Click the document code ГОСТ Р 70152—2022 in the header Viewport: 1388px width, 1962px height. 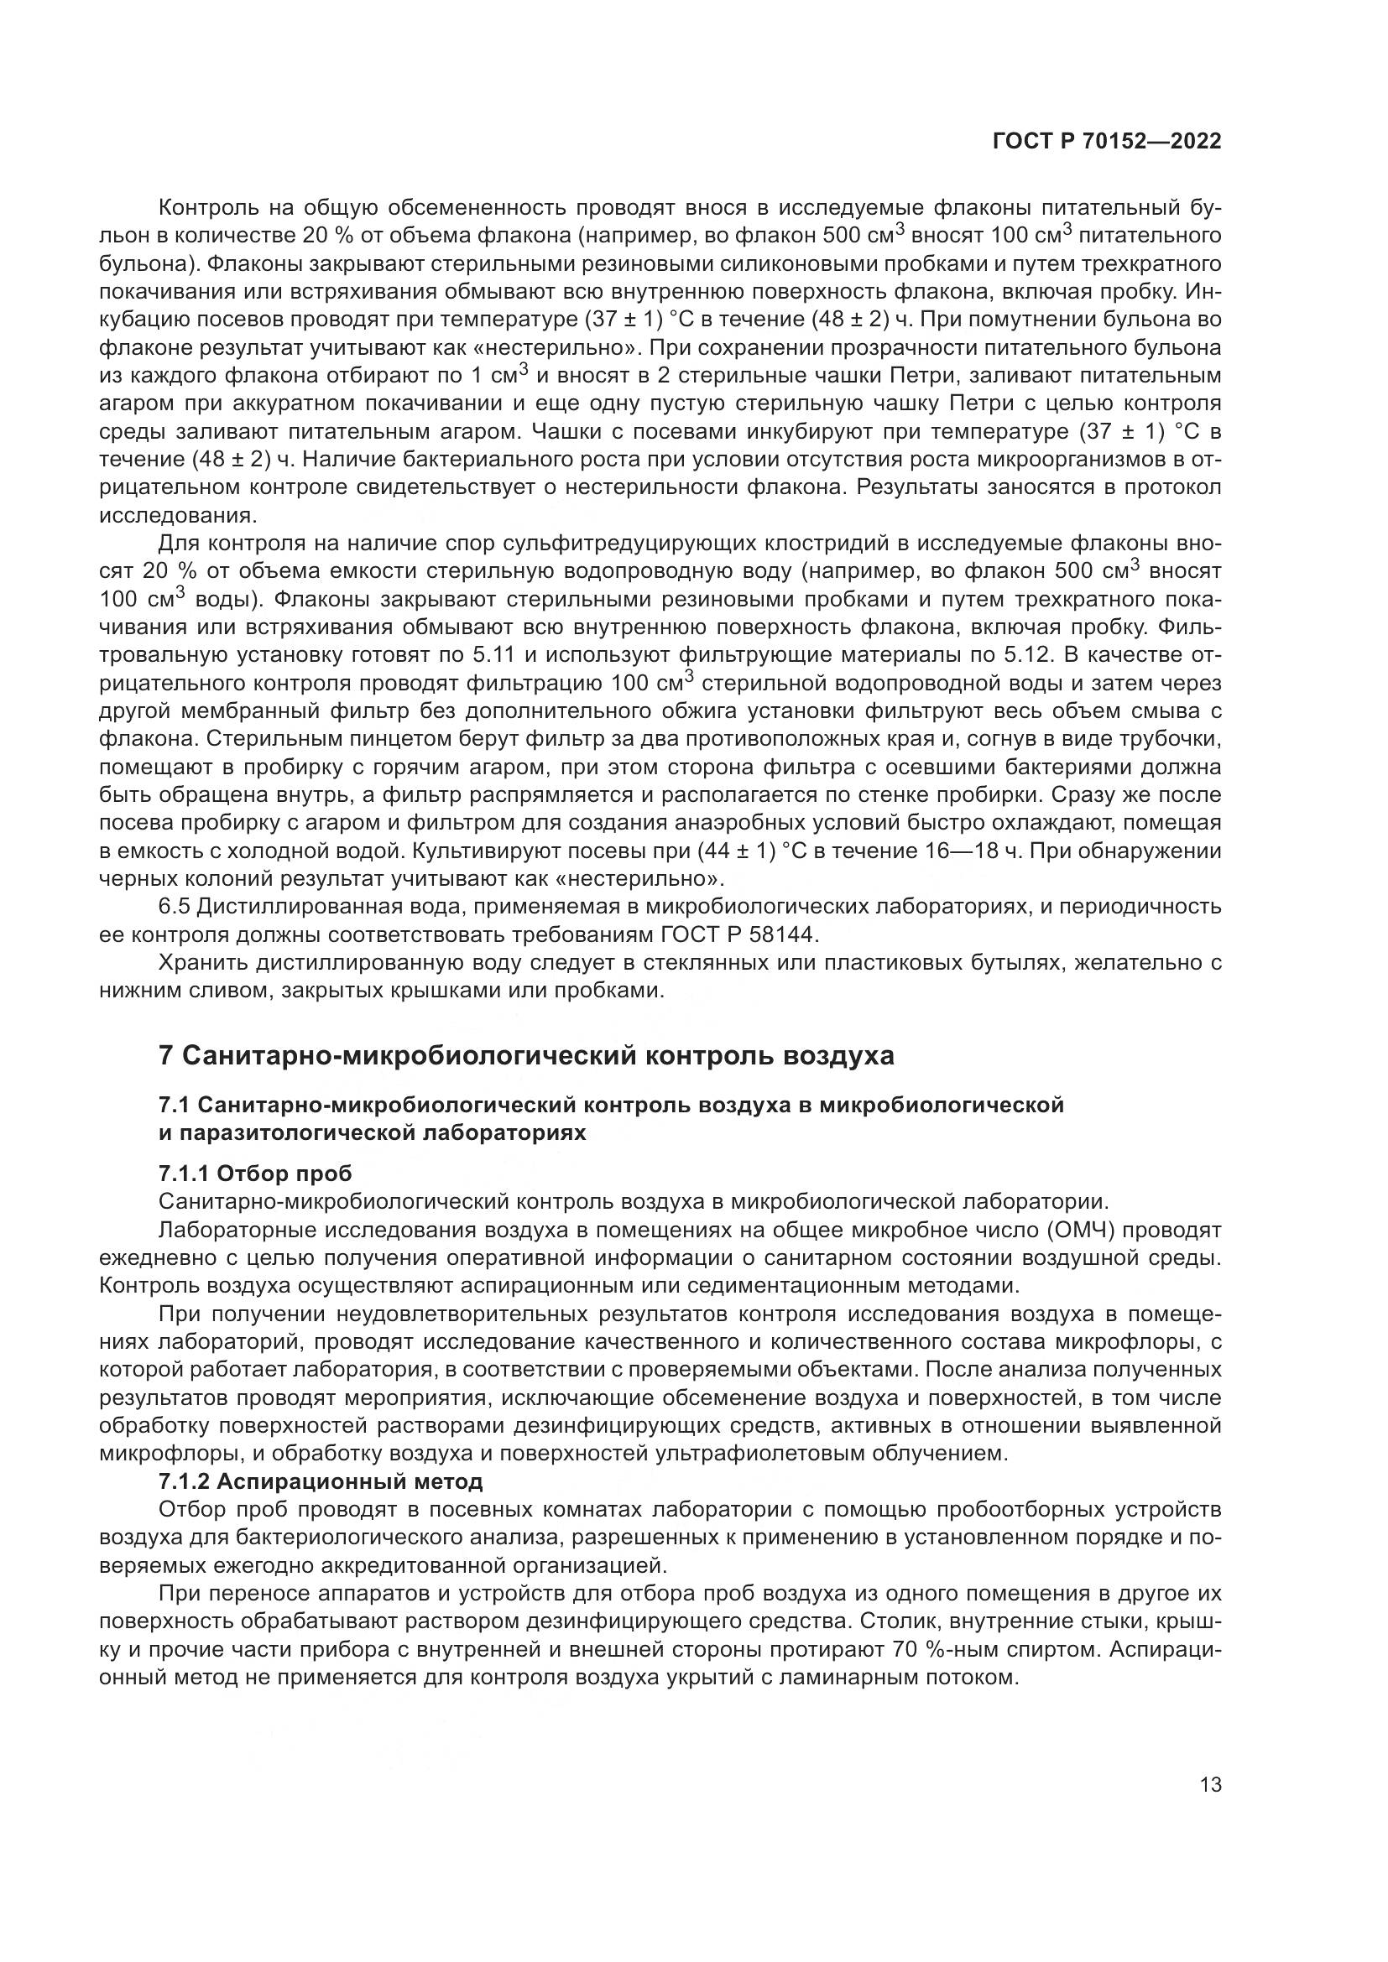[x=1106, y=142]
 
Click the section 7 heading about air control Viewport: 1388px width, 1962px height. [x=526, y=1056]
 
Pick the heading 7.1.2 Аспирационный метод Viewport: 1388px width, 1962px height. [x=321, y=1481]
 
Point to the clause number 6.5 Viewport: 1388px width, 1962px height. [x=175, y=906]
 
